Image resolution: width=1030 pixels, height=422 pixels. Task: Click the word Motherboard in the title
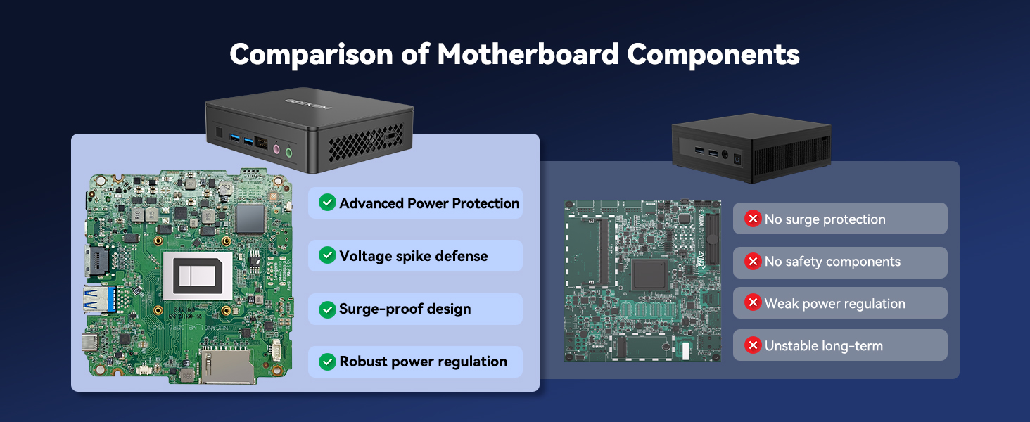coord(528,54)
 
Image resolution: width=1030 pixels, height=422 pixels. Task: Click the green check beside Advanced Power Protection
coord(327,203)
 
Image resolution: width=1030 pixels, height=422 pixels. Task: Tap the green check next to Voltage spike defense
coord(327,255)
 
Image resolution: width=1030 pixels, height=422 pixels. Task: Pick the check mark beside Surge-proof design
coord(327,309)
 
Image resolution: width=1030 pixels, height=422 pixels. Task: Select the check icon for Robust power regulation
coord(327,362)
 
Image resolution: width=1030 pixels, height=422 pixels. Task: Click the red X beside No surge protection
coord(753,218)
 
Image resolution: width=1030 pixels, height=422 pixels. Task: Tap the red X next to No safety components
coord(753,261)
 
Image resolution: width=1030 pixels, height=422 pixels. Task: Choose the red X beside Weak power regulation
coord(753,302)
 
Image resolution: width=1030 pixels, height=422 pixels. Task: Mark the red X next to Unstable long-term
coord(753,345)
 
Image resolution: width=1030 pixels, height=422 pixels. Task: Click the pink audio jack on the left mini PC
coord(276,149)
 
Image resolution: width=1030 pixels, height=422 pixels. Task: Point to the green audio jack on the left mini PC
coord(288,152)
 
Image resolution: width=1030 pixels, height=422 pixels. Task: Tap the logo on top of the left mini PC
coord(308,104)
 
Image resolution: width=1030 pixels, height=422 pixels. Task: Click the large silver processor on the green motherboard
coord(198,276)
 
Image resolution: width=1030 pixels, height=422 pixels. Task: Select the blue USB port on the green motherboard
coord(99,299)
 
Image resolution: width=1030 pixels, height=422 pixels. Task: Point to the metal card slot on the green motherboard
coord(226,366)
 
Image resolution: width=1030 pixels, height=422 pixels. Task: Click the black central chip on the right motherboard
coord(649,275)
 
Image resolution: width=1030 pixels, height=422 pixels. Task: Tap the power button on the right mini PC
coord(737,159)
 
